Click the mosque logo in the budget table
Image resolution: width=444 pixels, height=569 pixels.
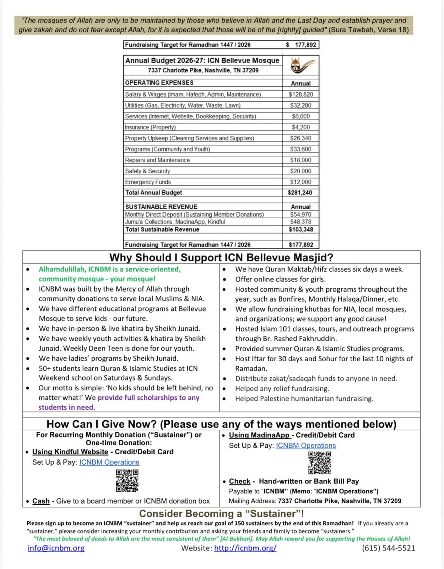[x=300, y=65]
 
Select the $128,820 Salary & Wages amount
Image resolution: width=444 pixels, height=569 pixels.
[x=300, y=95]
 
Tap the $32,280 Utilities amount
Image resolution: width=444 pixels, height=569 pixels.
[x=300, y=106]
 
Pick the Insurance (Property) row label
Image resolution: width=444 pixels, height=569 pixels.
[x=150, y=127]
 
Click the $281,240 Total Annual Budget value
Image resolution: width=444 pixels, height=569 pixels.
[x=300, y=193]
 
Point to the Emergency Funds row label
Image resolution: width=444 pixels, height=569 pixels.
[x=148, y=182]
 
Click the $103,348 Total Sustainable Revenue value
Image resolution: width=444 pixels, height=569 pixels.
[x=300, y=229]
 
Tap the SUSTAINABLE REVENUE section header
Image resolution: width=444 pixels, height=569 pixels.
[x=161, y=207]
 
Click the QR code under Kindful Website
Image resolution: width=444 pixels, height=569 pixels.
[x=127, y=481]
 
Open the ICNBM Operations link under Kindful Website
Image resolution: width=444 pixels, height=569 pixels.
[x=109, y=462]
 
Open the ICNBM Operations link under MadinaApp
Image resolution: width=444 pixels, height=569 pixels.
[x=306, y=446]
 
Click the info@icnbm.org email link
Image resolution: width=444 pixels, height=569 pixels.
[x=56, y=548]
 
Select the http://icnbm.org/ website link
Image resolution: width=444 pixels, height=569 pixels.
[x=245, y=548]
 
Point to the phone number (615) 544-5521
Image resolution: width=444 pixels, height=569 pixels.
[x=388, y=548]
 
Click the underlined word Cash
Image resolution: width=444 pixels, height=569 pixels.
[x=41, y=501]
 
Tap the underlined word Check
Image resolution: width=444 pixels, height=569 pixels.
[x=240, y=482]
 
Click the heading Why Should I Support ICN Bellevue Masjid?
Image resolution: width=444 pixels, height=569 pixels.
[x=221, y=257]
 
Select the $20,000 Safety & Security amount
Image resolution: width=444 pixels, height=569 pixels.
[x=300, y=171]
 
